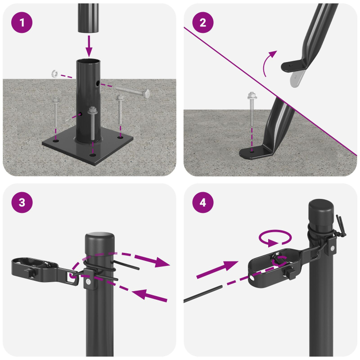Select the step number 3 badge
[22, 203]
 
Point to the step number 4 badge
[203, 203]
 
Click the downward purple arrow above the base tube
[89, 46]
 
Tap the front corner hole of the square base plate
[92, 155]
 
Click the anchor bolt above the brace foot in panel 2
[251, 112]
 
